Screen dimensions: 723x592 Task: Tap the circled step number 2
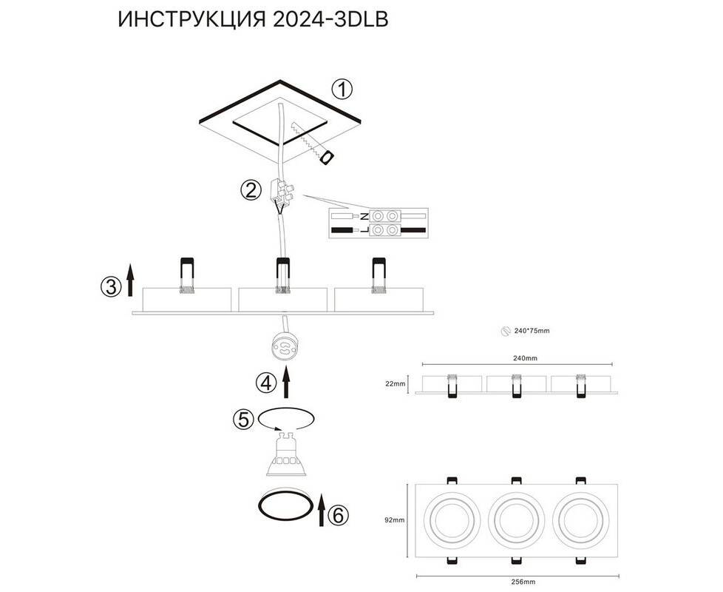251,190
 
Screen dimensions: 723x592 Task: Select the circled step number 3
111,286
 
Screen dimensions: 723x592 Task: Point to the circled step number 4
266,383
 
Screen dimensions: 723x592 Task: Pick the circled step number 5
244,420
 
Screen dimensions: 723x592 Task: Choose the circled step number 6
338,515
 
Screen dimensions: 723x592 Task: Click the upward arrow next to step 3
131,280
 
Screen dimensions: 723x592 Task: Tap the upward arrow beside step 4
286,382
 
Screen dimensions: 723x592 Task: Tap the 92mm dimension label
395,520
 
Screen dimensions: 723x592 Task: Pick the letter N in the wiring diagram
364,215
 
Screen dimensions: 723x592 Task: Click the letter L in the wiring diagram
364,230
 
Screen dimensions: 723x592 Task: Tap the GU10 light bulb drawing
285,454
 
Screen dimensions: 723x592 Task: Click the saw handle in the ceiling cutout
327,158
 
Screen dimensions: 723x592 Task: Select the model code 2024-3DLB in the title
330,20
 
